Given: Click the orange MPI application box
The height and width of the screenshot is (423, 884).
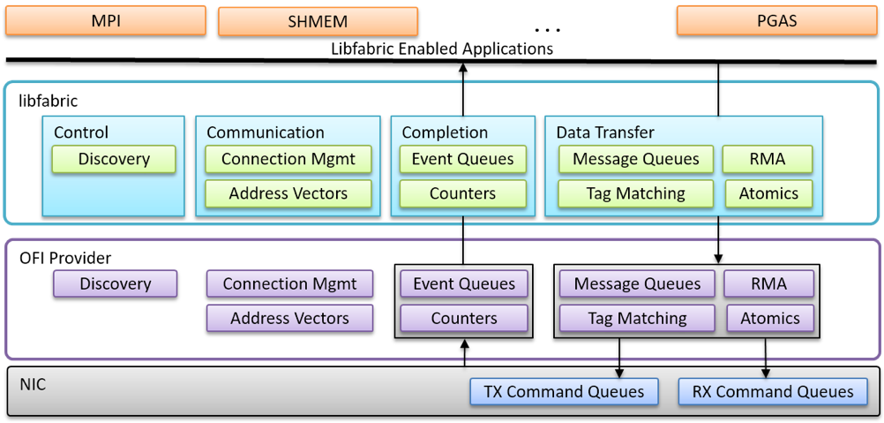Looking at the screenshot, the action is [105, 21].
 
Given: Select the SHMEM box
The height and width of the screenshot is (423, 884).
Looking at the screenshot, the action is [318, 21].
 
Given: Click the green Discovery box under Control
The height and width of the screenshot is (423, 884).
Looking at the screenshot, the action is [114, 159].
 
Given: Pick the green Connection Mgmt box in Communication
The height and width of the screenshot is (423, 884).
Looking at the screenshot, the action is [288, 159].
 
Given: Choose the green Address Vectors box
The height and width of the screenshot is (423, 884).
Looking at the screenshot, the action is [288, 193].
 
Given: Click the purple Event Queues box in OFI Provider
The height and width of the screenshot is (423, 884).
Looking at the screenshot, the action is [464, 283].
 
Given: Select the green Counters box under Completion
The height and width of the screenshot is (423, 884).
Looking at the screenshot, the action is [463, 193].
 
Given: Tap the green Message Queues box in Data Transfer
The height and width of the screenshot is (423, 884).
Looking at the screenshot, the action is [636, 159].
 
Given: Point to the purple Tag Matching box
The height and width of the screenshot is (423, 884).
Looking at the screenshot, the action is [637, 318].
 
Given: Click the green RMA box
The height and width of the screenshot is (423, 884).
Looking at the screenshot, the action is [768, 159].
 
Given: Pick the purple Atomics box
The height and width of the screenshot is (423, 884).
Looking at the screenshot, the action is [770, 318].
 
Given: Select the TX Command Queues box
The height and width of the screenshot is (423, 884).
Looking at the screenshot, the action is [565, 392].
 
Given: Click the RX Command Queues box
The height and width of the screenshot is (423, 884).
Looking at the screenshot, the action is [773, 392].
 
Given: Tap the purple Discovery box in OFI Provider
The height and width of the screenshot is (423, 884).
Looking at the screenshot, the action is [116, 283].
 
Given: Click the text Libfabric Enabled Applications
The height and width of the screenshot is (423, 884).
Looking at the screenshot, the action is [443, 49].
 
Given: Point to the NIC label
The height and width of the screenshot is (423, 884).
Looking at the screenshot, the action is [34, 385].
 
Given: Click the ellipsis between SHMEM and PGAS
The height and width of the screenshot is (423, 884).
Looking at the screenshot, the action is [547, 28].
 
